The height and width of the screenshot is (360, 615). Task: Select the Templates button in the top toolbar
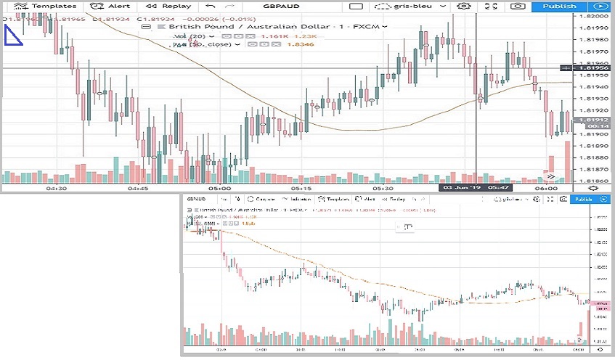pos(49,6)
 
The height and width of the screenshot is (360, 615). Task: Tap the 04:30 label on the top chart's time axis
pos(56,188)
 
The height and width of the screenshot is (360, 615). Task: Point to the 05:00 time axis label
pos(218,188)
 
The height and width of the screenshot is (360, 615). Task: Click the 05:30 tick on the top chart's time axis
pos(382,188)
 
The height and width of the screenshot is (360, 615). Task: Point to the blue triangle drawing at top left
pos(12,36)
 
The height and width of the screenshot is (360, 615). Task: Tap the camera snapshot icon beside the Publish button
pos(517,6)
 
